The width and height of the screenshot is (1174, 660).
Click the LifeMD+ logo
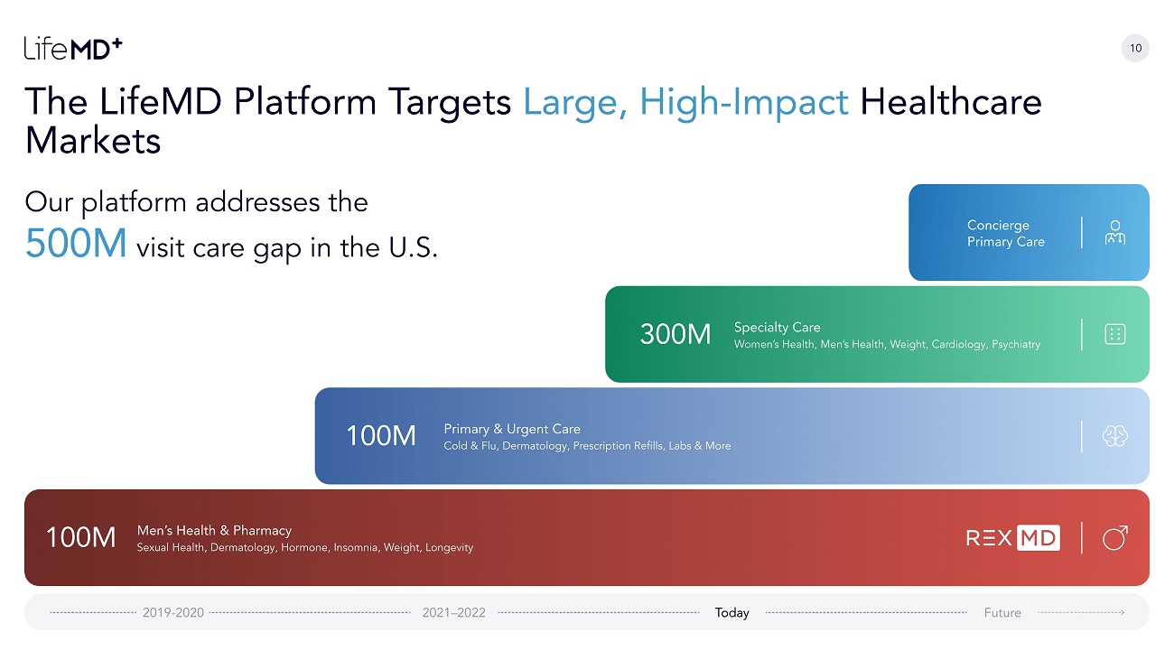73,49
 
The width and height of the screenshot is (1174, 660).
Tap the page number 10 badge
1135,48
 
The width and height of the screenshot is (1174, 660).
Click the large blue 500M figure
76,244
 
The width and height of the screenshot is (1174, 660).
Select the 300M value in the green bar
676,334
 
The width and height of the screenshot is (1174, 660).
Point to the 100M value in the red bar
80,537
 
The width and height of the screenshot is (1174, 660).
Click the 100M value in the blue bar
381,436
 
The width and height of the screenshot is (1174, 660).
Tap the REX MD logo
1013,538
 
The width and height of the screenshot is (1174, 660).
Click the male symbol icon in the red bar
1115,537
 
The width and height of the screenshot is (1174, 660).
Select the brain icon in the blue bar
1115,436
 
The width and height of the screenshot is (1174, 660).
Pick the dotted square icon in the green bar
1115,334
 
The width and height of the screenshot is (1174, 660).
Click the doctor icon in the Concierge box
1115,233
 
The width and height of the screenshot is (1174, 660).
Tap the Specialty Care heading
778,328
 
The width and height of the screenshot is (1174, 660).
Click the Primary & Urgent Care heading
512,429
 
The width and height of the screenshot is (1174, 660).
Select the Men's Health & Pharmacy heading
214,531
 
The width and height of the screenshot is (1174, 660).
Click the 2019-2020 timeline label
173,613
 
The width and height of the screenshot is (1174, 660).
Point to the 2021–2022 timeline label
454,613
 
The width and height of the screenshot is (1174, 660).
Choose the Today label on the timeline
732,613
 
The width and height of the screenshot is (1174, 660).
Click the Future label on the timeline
1002,613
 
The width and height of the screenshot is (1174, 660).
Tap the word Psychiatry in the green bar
1016,344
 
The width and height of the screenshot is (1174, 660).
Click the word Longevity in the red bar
449,547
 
